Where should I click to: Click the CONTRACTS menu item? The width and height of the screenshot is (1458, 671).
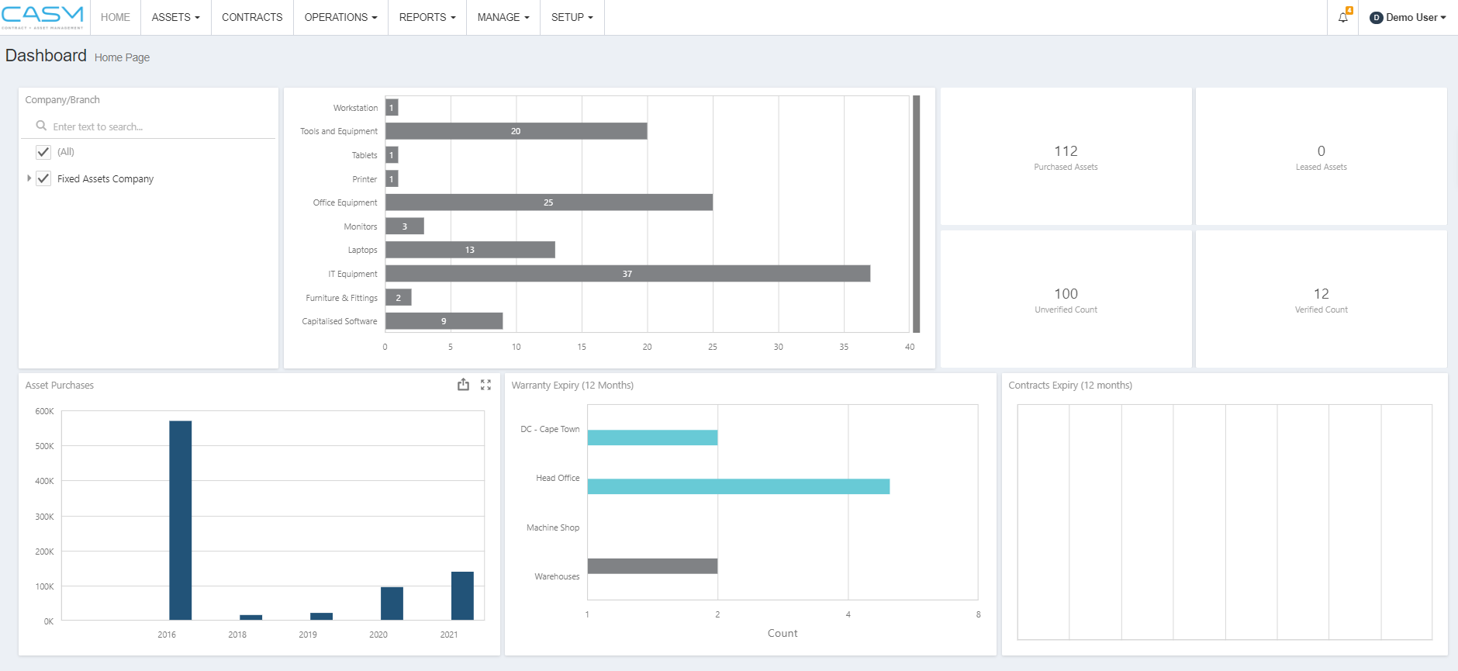click(x=252, y=17)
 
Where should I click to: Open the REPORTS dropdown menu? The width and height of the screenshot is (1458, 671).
click(x=427, y=17)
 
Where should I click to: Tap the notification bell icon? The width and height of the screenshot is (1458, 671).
click(x=1343, y=17)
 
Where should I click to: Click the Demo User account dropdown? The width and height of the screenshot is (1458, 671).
click(x=1408, y=17)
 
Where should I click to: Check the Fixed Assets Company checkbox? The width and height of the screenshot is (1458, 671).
click(x=43, y=178)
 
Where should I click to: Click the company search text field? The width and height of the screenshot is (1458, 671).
click(x=155, y=126)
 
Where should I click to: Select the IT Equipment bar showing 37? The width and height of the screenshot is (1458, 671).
click(x=627, y=274)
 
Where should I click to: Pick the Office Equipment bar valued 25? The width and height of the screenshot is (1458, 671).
click(x=548, y=202)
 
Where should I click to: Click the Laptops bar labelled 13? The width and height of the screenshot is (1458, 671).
click(x=470, y=250)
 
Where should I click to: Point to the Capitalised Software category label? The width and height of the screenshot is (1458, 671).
click(x=340, y=321)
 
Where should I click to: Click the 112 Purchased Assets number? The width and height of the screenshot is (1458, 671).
click(x=1066, y=151)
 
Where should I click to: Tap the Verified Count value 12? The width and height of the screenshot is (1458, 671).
click(x=1321, y=294)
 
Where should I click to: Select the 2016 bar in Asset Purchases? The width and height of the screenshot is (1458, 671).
click(x=181, y=520)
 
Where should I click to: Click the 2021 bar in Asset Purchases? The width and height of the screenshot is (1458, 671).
click(x=462, y=596)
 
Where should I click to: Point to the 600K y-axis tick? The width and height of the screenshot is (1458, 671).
click(x=44, y=411)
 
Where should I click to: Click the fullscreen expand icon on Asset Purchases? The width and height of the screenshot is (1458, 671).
click(x=485, y=385)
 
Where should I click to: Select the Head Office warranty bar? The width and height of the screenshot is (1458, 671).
click(x=738, y=486)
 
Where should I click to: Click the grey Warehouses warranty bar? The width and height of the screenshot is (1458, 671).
click(x=652, y=566)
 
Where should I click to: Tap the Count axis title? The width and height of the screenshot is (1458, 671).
click(x=783, y=633)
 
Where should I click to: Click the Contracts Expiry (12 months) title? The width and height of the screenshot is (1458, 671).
click(x=1070, y=386)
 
